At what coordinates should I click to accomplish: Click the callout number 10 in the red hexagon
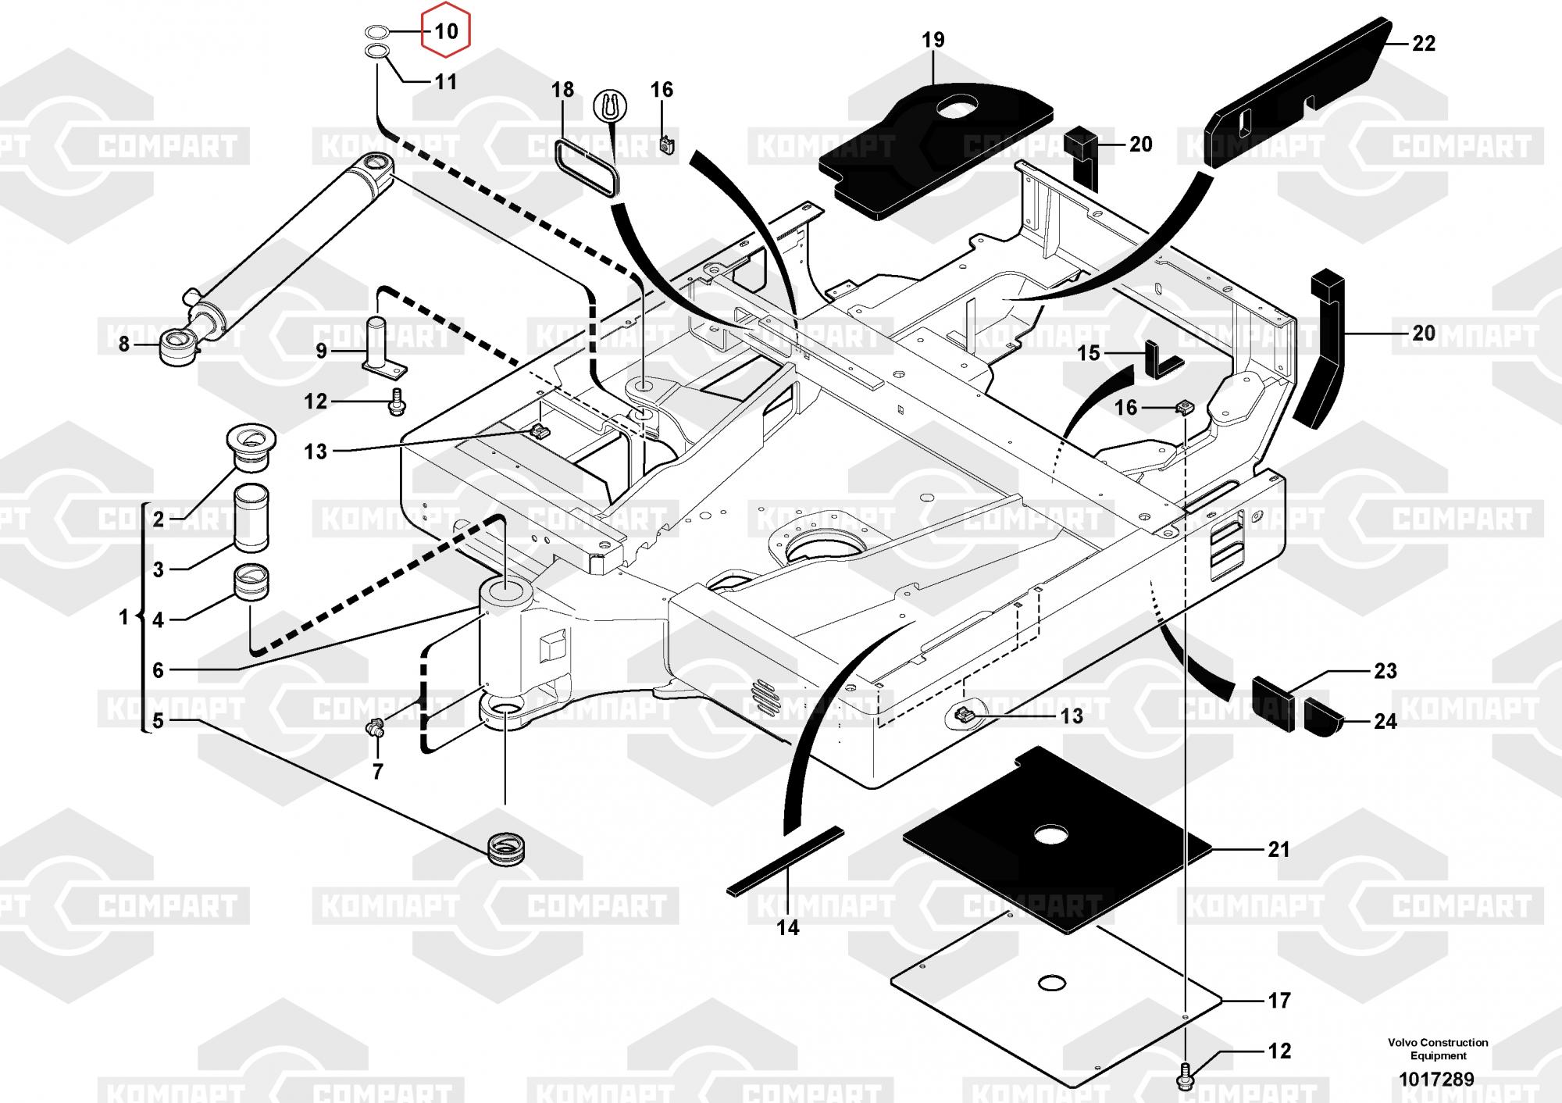point(446,31)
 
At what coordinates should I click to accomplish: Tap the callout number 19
point(933,40)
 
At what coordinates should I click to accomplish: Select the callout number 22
point(1424,44)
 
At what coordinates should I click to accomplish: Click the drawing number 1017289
point(1436,1080)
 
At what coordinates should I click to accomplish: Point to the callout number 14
point(788,927)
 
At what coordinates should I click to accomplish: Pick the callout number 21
point(1278,849)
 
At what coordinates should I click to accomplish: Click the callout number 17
point(1279,1000)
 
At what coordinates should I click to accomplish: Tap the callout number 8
point(123,344)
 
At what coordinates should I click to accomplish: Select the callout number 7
point(378,772)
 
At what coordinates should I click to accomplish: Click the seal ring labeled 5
point(505,848)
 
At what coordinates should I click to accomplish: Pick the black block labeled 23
point(1273,703)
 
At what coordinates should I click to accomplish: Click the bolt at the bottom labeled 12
point(1185,1076)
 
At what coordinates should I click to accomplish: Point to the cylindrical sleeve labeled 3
point(251,517)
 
